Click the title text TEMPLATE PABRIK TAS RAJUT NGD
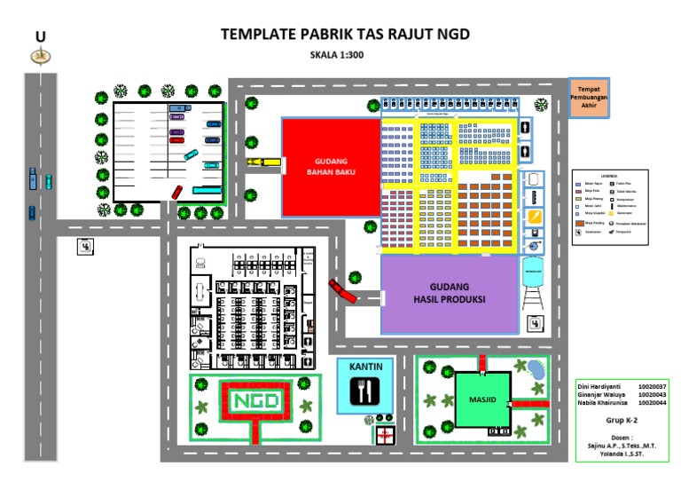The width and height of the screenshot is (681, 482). [344, 35]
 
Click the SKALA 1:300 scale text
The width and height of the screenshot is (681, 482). [337, 55]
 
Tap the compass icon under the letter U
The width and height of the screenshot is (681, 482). [40, 57]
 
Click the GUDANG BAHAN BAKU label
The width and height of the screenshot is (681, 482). [331, 167]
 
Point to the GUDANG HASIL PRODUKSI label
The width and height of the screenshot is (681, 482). [449, 294]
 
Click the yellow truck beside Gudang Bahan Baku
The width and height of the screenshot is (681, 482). [263, 162]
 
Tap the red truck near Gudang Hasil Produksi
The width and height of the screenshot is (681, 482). [341, 291]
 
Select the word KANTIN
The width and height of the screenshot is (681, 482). [364, 365]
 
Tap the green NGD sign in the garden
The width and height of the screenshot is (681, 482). [256, 401]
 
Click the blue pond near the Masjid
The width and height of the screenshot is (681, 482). [536, 369]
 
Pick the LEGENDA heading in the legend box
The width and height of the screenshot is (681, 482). [607, 176]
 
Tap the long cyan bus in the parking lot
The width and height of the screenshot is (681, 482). [209, 190]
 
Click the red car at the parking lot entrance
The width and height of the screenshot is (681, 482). [176, 193]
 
